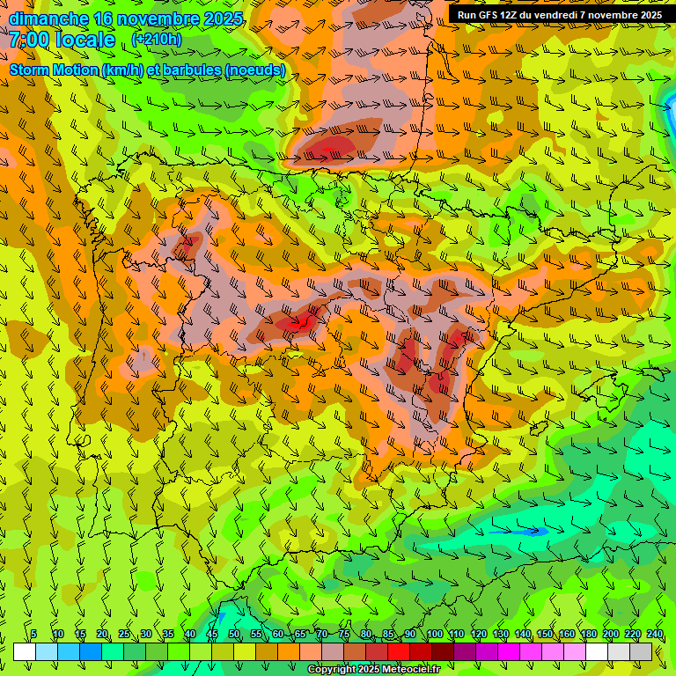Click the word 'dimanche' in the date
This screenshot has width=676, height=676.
(48, 18)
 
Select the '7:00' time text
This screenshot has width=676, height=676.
(30, 40)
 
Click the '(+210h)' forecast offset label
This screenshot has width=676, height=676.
(157, 39)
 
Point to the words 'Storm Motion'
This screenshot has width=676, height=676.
(54, 70)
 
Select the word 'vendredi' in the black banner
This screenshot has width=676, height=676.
(568, 15)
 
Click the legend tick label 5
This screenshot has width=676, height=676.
(33, 634)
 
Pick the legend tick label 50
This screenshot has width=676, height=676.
(234, 634)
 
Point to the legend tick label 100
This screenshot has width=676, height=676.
(434, 634)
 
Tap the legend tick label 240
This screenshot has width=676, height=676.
(654, 634)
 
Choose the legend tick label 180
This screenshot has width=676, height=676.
(588, 634)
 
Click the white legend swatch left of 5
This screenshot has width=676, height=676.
(25, 651)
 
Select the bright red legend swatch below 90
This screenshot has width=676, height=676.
(399, 651)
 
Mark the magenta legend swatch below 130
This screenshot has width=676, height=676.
(509, 651)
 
